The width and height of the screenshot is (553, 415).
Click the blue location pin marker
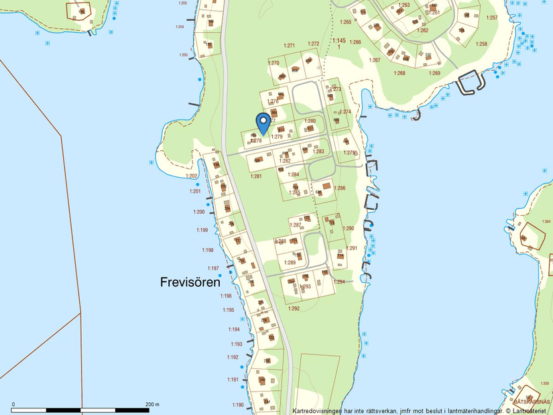(x=263, y=123)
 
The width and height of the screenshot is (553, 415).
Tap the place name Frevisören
(x=190, y=282)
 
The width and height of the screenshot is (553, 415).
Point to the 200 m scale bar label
(x=152, y=404)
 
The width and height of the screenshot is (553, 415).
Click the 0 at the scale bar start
(x=13, y=404)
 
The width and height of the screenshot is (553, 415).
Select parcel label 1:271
(x=289, y=46)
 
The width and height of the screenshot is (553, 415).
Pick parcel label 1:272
(x=313, y=44)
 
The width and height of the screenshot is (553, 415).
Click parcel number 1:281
(x=255, y=176)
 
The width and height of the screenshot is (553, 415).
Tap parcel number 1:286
(x=340, y=188)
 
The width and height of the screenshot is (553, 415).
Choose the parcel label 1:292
(x=294, y=308)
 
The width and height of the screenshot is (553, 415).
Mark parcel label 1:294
(x=340, y=282)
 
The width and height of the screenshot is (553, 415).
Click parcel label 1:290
(x=349, y=229)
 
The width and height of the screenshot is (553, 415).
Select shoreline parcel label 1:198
(x=207, y=250)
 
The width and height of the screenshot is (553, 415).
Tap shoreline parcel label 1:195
(x=229, y=310)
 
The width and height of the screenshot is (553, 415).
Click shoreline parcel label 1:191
(x=233, y=379)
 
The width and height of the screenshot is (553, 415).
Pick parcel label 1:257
(x=492, y=17)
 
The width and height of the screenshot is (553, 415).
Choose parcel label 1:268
(x=400, y=73)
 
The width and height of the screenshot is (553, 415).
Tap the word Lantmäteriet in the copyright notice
(x=529, y=410)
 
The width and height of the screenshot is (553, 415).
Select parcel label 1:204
(x=179, y=27)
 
